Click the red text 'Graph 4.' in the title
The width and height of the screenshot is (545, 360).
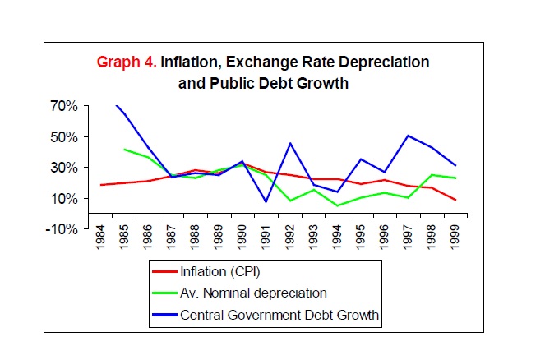tap(127, 62)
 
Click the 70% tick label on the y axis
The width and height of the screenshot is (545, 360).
tap(64, 107)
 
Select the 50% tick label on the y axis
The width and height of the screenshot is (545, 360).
tap(64, 137)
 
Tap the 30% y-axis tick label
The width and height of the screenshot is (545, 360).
tap(64, 168)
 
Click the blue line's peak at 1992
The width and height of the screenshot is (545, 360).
tap(290, 143)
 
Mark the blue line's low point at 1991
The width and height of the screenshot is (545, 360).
tap(266, 201)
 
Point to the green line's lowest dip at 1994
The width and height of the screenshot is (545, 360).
tap(338, 205)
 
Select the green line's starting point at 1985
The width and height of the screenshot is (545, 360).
tap(123, 149)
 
